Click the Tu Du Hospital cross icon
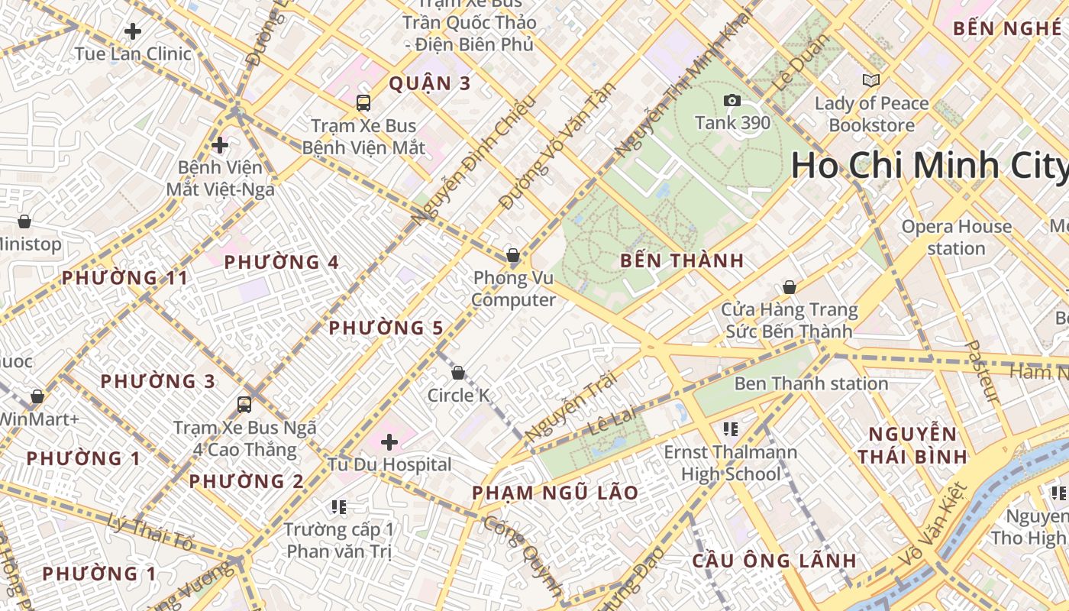(x=389, y=441)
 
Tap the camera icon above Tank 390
(x=732, y=100)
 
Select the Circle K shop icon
(x=458, y=373)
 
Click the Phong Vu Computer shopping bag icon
(x=513, y=255)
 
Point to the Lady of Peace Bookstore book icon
(x=870, y=80)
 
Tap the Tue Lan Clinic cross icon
(x=133, y=31)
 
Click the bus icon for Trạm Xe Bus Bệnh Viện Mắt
(x=363, y=102)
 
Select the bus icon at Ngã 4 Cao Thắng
(x=244, y=404)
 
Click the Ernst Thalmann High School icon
(x=731, y=429)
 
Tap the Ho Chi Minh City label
(x=929, y=166)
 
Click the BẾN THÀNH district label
(x=682, y=260)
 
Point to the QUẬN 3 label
(x=430, y=83)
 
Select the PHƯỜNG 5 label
(x=386, y=328)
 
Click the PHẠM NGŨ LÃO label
(x=554, y=493)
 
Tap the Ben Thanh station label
(x=811, y=383)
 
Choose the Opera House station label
(x=956, y=238)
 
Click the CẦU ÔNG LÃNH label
(x=774, y=561)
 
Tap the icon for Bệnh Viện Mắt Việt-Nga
(x=220, y=144)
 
